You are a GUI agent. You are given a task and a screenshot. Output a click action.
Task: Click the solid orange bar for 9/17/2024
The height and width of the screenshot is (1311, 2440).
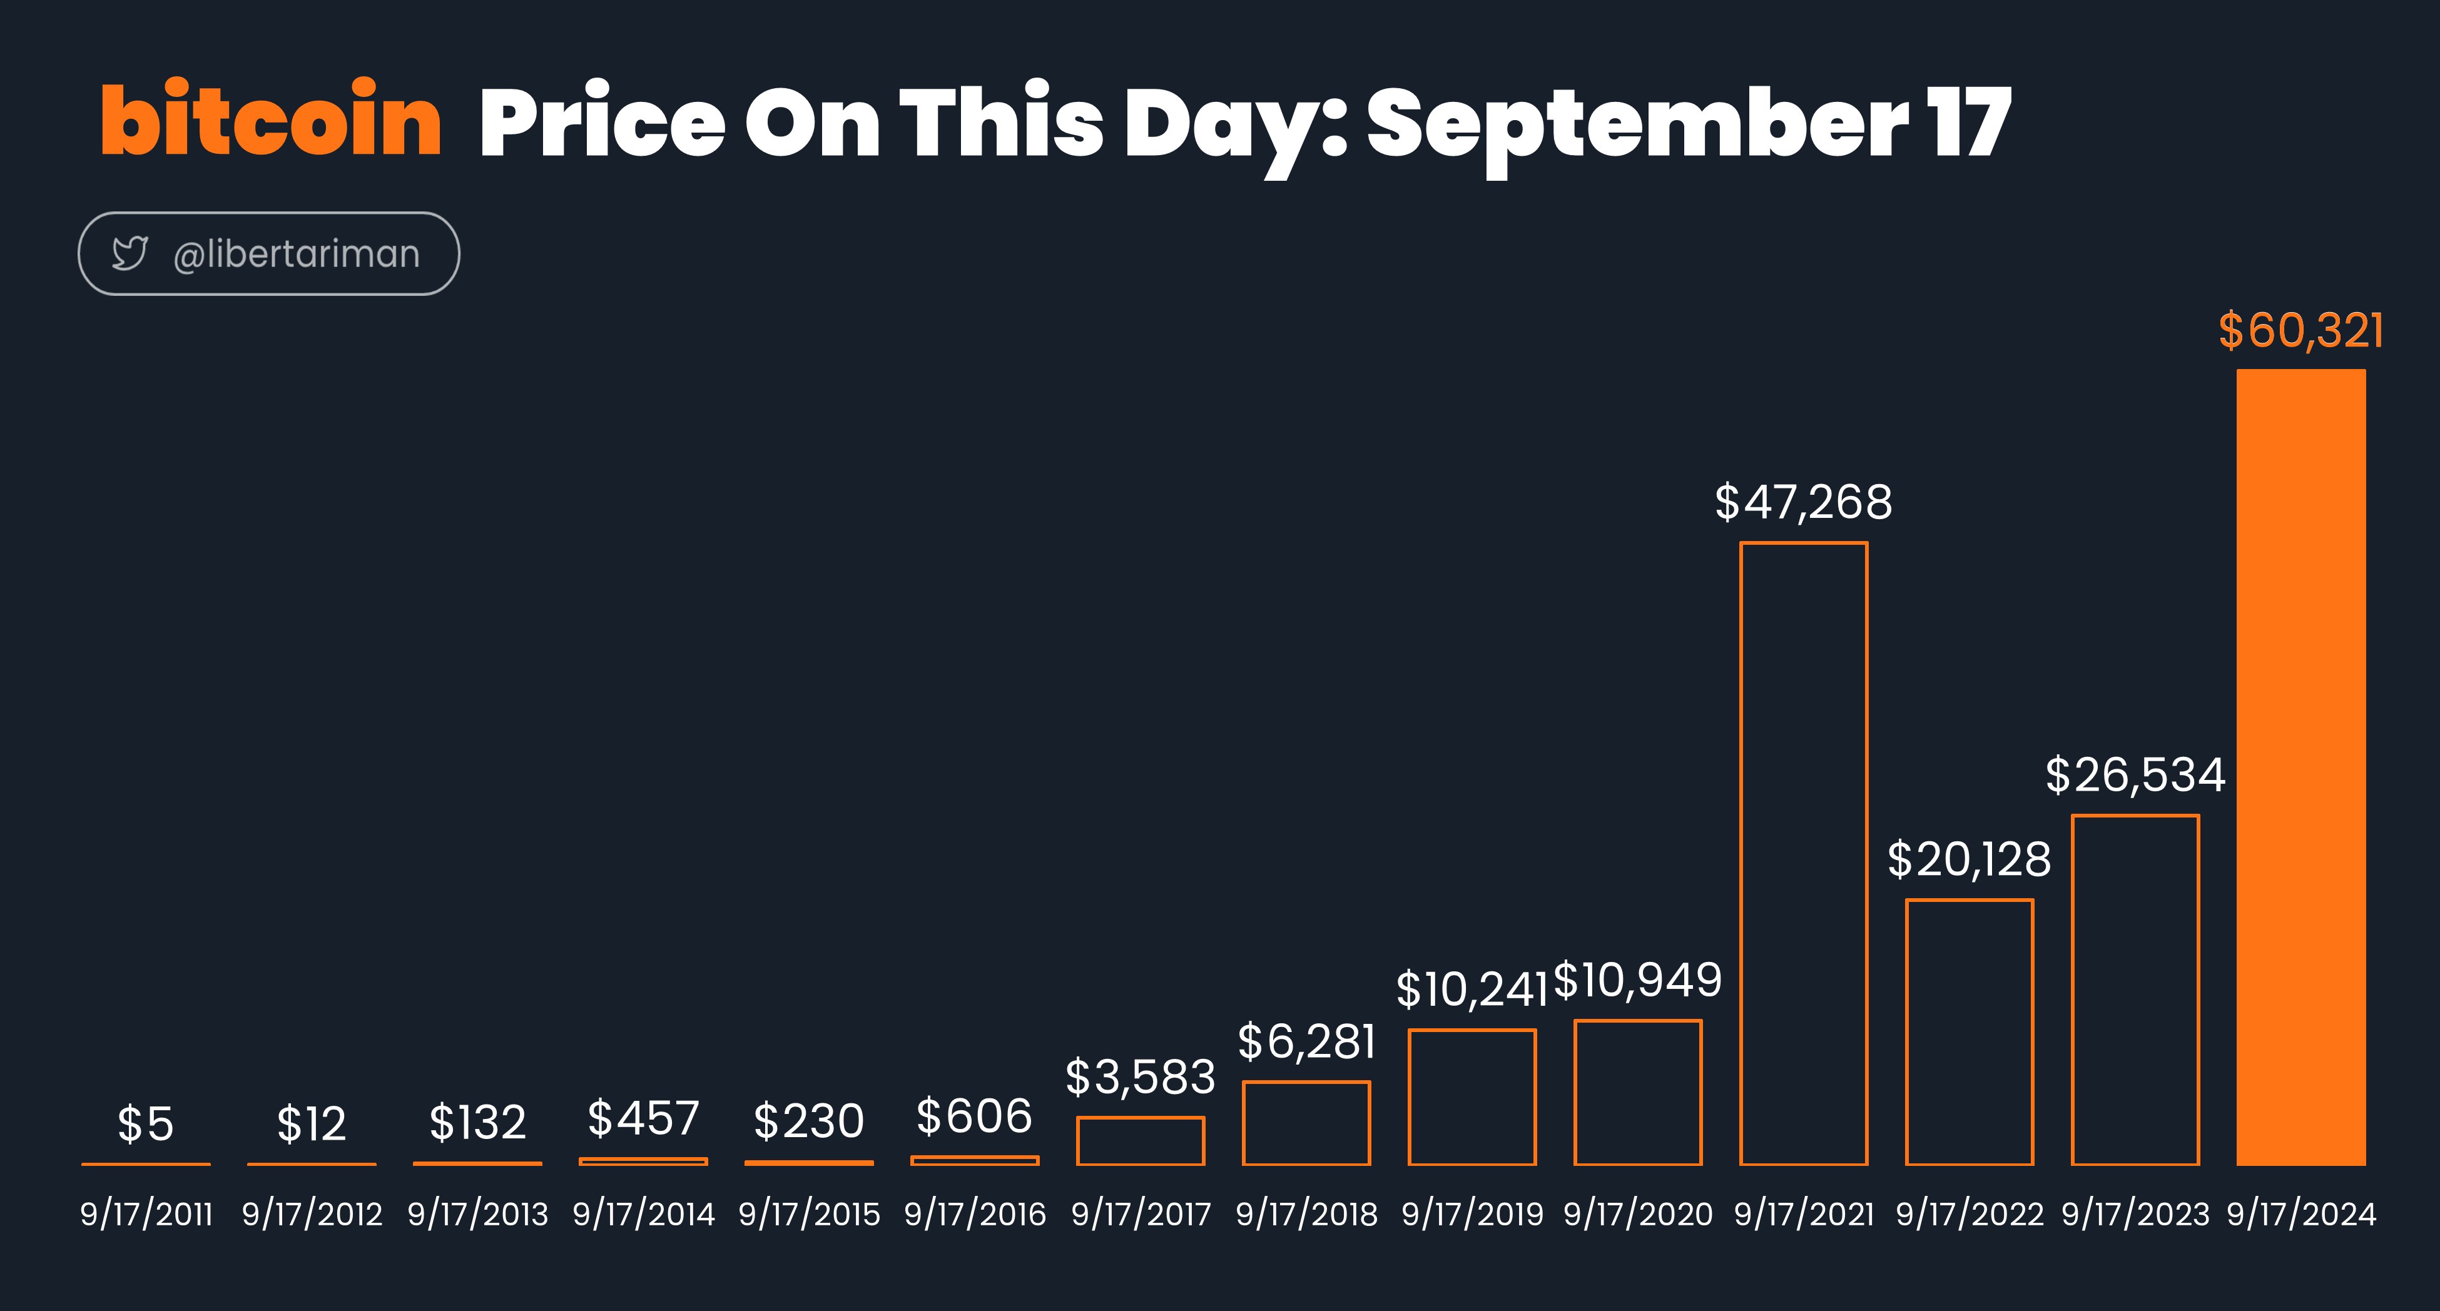pyautogui.click(x=2300, y=767)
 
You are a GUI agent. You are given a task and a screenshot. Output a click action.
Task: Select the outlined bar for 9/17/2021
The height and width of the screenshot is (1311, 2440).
pyautogui.click(x=1741, y=853)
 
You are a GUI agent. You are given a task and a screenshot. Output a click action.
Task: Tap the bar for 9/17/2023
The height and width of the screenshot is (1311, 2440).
pyautogui.click(x=2073, y=990)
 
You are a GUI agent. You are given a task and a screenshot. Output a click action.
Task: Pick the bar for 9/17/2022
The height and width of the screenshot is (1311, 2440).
pyautogui.click(x=1907, y=1033)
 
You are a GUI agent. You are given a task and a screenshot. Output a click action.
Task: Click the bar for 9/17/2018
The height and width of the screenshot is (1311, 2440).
pyautogui.click(x=1244, y=1123)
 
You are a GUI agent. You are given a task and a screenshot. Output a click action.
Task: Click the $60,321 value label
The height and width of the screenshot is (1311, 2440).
pyautogui.click(x=2300, y=331)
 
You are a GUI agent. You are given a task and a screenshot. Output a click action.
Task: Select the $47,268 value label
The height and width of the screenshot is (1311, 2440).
pyautogui.click(x=1804, y=502)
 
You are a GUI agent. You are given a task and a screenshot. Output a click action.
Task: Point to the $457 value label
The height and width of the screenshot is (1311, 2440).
pyautogui.click(x=643, y=1119)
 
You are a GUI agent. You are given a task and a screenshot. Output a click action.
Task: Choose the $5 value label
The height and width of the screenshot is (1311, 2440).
pyautogui.click(x=146, y=1125)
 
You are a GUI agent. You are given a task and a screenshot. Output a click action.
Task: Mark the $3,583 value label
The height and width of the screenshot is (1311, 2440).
pyautogui.click(x=1141, y=1077)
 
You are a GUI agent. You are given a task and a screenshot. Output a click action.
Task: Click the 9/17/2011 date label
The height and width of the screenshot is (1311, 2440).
pyautogui.click(x=146, y=1215)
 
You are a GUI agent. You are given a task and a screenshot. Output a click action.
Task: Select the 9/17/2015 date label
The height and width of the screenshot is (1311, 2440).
pyautogui.click(x=809, y=1215)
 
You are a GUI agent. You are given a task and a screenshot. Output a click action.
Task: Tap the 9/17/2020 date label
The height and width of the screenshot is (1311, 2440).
pyautogui.click(x=1638, y=1215)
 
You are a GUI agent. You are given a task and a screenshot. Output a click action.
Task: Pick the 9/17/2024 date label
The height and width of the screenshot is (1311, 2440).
pyautogui.click(x=2300, y=1215)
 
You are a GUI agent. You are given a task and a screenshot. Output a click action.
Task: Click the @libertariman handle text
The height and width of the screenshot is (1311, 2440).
pyautogui.click(x=297, y=254)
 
